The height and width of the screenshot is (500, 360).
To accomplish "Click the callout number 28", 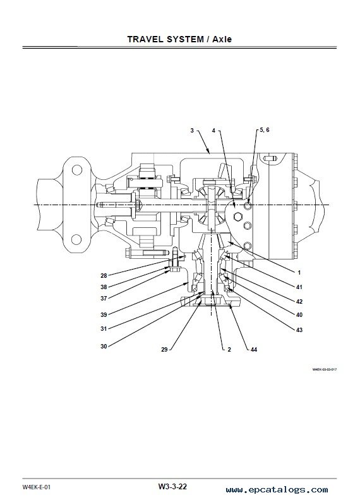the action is [104, 276].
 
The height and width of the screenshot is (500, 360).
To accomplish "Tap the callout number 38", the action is [104, 287].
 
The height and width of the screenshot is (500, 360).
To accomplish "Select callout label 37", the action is [104, 299].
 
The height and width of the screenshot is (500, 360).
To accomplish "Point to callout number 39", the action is [104, 315].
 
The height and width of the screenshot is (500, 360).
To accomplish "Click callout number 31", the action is [104, 328].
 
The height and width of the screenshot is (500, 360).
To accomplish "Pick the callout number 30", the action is [104, 347].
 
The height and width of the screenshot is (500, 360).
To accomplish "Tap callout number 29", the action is [164, 350].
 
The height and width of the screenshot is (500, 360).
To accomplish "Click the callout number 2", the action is [229, 350].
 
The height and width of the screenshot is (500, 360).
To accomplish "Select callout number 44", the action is [254, 350].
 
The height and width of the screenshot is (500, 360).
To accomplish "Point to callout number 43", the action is [299, 330].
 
